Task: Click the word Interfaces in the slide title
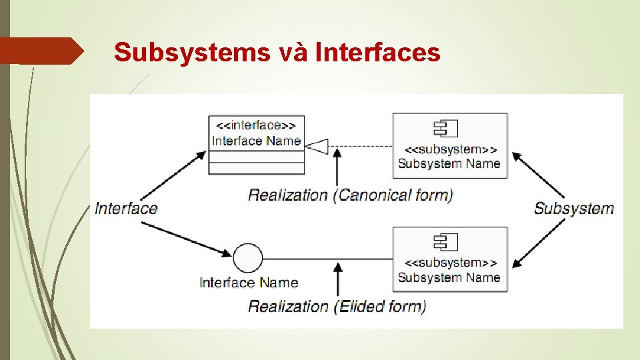[x=378, y=52]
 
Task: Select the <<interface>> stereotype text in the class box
[x=256, y=125]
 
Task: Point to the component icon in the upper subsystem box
[x=446, y=128]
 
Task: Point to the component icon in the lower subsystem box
[x=446, y=242]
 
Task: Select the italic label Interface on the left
[x=126, y=208]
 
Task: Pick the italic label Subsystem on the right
[x=573, y=208]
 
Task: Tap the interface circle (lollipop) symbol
[x=248, y=258]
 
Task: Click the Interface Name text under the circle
[x=249, y=283]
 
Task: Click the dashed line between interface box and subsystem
[x=363, y=145]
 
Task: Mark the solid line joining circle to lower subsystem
[x=327, y=258]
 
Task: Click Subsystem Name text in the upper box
[x=449, y=163]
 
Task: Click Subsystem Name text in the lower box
[x=449, y=277]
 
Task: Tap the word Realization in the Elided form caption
[x=288, y=307]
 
